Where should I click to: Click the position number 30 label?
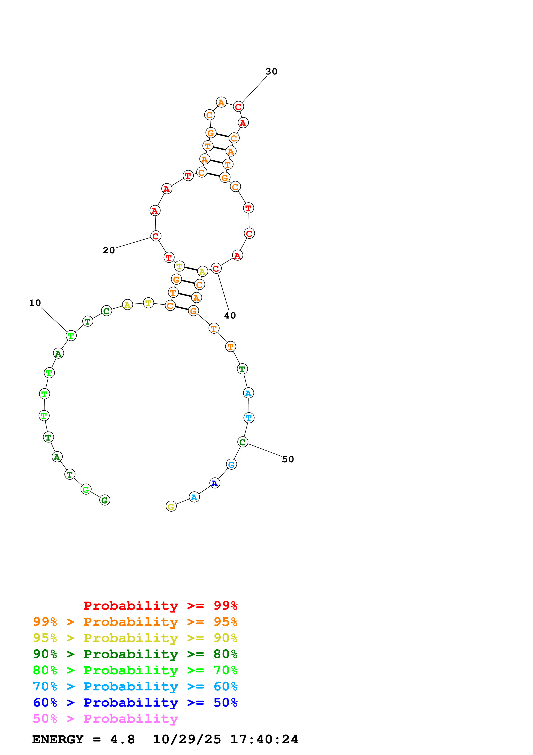coord(271,71)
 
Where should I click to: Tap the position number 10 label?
coord(35,303)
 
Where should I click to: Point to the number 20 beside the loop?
coord(109,250)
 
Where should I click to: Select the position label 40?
coord(230,316)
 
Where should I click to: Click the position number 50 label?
coord(288,459)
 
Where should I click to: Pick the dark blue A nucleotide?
coord(215,483)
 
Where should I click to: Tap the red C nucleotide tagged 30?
coord(238,107)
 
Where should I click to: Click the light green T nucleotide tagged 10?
coord(71,336)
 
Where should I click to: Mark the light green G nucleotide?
coord(86,489)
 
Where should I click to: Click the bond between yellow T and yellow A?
coord(191,269)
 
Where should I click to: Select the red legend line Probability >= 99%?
coord(160,605)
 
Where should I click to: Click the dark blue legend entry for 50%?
coord(135,702)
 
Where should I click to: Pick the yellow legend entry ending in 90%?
coord(135,638)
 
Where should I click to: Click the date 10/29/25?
coord(187,740)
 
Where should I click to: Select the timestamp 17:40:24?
coord(264,740)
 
